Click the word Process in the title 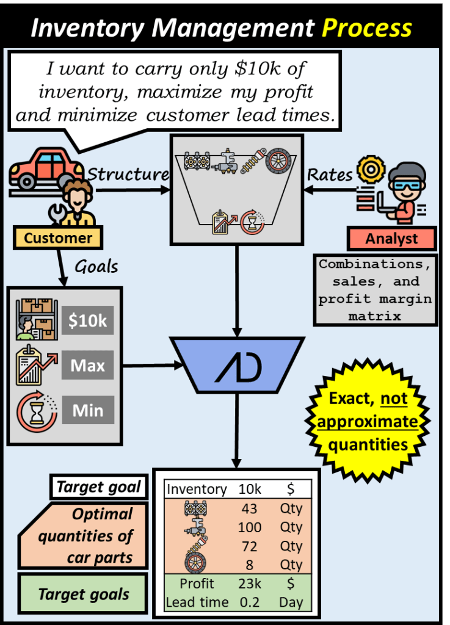pyautogui.click(x=366, y=28)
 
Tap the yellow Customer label pyautogui.click(x=58, y=238)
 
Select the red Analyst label pyautogui.click(x=391, y=239)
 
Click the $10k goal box pyautogui.click(x=87, y=321)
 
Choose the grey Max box pyautogui.click(x=87, y=366)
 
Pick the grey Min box pyautogui.click(x=87, y=410)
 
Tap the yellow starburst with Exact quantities pyautogui.click(x=368, y=422)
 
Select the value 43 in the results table pyautogui.click(x=249, y=508)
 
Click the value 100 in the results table pyautogui.click(x=249, y=527)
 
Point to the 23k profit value pyautogui.click(x=249, y=583)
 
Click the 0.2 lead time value pyautogui.click(x=249, y=602)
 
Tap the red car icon pyautogui.click(x=46, y=168)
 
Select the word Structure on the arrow pyautogui.click(x=128, y=174)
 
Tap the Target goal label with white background pyautogui.click(x=98, y=487)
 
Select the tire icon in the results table pyautogui.click(x=195, y=563)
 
